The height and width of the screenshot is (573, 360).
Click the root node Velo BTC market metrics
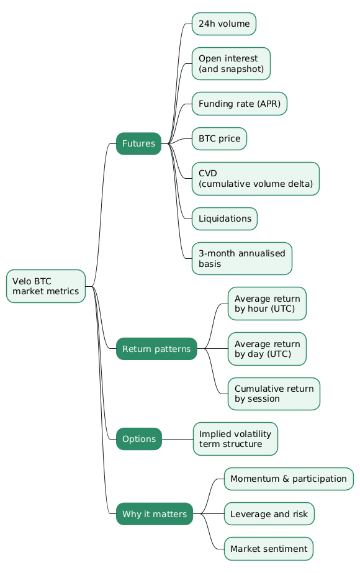coord(46,286)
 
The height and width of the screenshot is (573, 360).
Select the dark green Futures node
coord(138,143)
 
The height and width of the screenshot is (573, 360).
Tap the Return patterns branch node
coord(156,349)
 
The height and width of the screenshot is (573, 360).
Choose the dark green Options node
coord(139,439)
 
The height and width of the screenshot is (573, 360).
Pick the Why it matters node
coord(155,514)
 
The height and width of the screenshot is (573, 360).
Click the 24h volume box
coord(224,24)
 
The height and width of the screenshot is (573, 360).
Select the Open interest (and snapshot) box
coord(231,63)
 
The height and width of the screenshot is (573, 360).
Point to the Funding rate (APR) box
coord(240,104)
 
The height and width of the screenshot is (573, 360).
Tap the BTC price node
coord(219,138)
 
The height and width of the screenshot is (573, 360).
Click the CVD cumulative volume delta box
coord(256,179)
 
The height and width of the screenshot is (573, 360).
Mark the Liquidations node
coord(225,219)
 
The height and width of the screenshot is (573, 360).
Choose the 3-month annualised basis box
coord(242,258)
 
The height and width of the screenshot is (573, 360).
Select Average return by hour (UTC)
coord(267,304)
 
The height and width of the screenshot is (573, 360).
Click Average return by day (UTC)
coord(267,349)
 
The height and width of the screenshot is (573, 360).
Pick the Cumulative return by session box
coord(274,394)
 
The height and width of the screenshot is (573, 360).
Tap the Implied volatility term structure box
coord(235,439)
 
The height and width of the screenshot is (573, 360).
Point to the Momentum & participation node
coord(289,479)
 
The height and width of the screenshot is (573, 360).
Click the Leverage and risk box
coord(269,514)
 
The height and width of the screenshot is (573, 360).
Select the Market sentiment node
coord(269,549)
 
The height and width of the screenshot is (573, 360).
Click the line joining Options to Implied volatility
coord(178,439)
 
